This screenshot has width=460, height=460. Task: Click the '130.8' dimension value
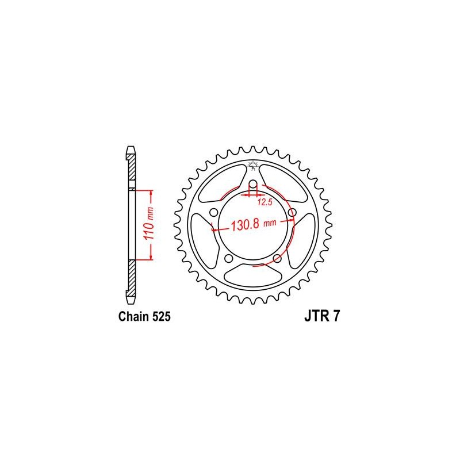(x=245, y=225)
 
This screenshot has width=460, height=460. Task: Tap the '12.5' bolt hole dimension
(x=265, y=202)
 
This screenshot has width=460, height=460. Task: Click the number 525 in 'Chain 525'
(x=162, y=317)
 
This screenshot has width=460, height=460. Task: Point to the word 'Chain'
(x=134, y=317)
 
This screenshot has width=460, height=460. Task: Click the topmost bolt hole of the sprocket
(x=253, y=185)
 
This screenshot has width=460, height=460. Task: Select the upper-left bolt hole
(x=214, y=212)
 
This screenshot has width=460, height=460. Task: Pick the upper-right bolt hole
(x=292, y=212)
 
